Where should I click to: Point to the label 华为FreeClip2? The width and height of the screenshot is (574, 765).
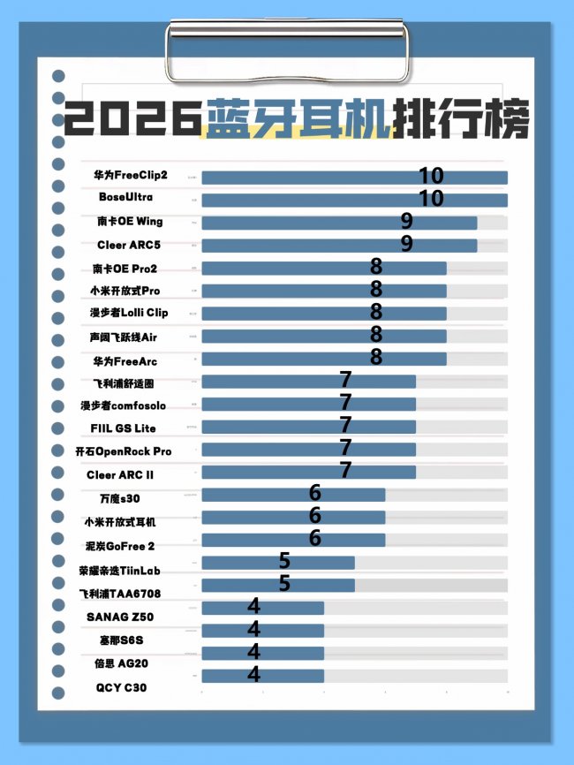tap(131, 175)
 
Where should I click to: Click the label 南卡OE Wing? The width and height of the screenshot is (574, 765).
tap(131, 221)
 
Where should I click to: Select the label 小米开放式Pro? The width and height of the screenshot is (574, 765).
tap(125, 291)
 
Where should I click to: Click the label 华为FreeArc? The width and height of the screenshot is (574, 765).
tap(125, 360)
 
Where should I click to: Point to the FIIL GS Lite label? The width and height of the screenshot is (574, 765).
tap(123, 428)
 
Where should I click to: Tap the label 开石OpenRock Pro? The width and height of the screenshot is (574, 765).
tap(124, 451)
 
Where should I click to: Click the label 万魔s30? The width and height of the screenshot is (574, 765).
tap(121, 498)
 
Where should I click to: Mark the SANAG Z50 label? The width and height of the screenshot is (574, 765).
tap(117, 616)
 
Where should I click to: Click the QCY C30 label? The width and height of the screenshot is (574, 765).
tap(118, 685)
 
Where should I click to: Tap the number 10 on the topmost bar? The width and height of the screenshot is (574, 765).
tap(431, 175)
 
